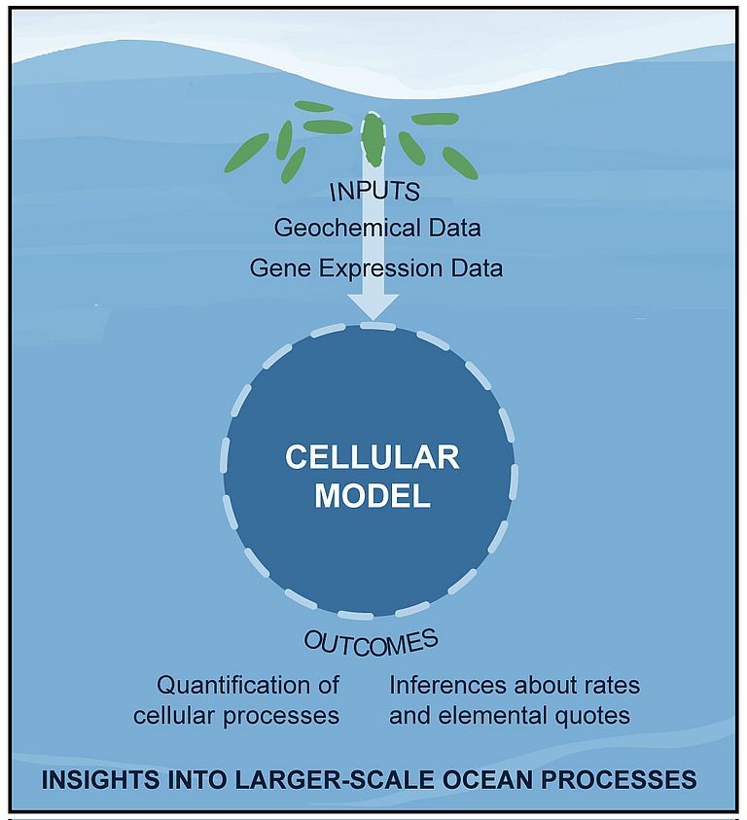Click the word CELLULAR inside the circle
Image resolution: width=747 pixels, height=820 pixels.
[372, 458]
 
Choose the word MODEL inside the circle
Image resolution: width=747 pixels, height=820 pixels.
[372, 496]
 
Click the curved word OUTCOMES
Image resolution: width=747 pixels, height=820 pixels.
[371, 642]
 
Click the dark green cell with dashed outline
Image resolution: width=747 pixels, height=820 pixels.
[373, 139]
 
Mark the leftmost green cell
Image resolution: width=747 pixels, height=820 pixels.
[246, 153]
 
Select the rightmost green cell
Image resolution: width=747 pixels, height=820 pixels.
[460, 162]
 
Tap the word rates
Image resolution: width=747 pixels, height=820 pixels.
[611, 685]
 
